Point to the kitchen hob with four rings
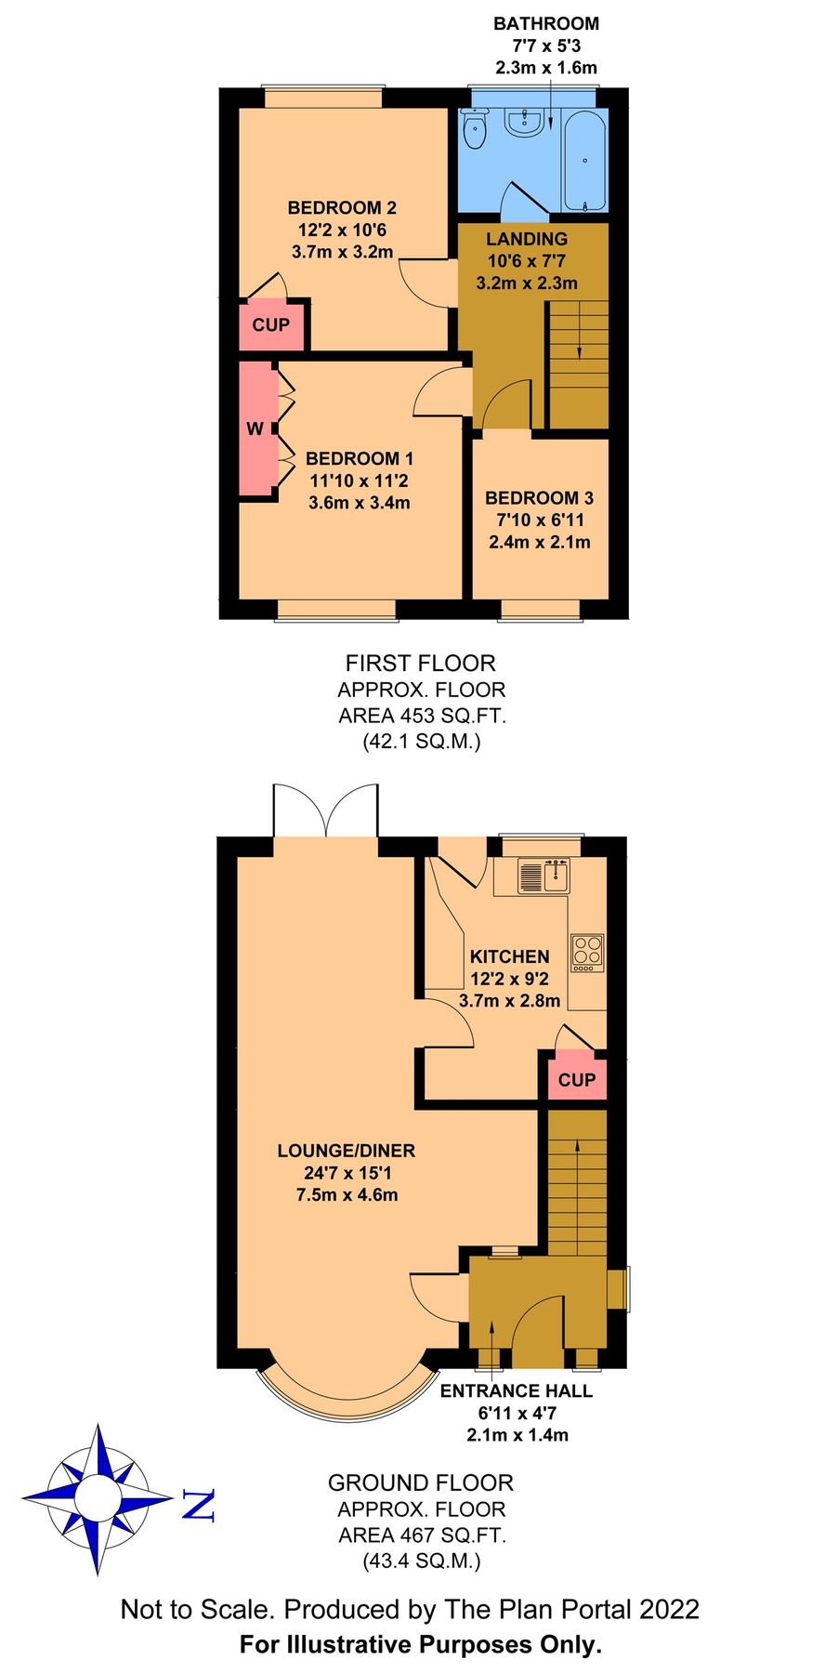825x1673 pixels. click(x=587, y=952)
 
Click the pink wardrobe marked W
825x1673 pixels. click(x=256, y=429)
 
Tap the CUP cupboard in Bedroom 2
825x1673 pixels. click(x=271, y=325)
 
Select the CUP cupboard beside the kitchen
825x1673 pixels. click(x=576, y=1079)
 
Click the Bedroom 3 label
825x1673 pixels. click(x=539, y=498)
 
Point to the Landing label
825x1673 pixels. click(x=527, y=240)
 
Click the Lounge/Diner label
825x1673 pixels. click(x=347, y=1151)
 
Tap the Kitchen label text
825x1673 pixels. click(x=509, y=956)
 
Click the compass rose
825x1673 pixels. click(x=98, y=1499)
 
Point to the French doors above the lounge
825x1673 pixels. click(x=325, y=810)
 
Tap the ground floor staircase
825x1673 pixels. click(x=576, y=1180)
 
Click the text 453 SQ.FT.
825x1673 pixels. click(x=453, y=716)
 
